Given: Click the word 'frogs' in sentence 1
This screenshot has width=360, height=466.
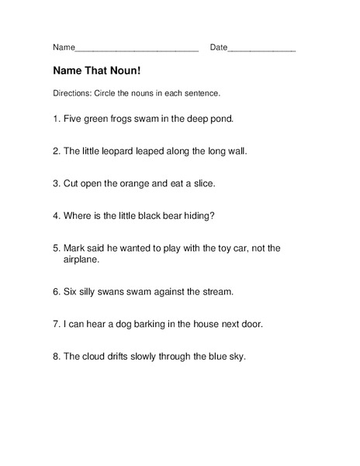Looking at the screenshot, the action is click(x=124, y=120).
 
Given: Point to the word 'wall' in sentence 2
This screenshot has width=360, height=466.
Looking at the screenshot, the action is click(x=237, y=151).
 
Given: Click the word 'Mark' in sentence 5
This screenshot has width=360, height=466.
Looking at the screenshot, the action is click(x=75, y=248).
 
